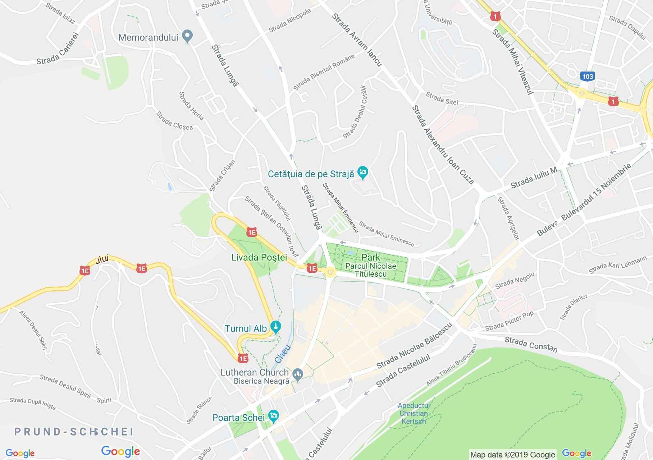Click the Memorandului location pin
pyautogui.click(x=187, y=36)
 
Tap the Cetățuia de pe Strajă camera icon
pyautogui.click(x=363, y=173)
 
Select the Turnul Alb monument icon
pyautogui.click(x=276, y=327)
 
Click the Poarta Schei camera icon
pyautogui.click(x=274, y=416)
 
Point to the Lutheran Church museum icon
pyautogui.click(x=297, y=374)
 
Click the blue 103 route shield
pyautogui.click(x=586, y=76)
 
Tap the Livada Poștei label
pyautogui.click(x=259, y=257)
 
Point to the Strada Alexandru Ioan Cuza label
pyautogui.click(x=443, y=144)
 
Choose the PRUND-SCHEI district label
pyautogui.click(x=74, y=432)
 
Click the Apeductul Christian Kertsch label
pyautogui.click(x=414, y=413)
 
